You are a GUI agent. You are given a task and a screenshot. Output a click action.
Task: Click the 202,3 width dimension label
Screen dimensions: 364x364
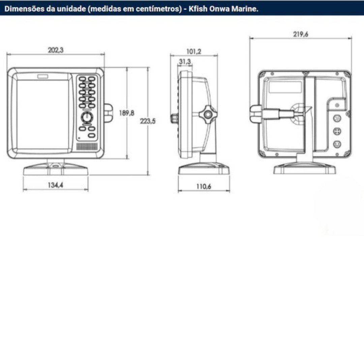coord(56,50)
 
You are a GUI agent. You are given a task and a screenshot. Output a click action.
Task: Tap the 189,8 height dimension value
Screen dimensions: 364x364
coord(126,113)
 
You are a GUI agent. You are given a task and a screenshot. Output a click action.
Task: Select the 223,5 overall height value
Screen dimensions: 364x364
coord(148,121)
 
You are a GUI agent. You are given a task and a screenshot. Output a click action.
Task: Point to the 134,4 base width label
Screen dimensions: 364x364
coord(56,185)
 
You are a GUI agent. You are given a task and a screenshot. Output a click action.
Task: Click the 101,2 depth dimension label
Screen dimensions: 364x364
coord(194,51)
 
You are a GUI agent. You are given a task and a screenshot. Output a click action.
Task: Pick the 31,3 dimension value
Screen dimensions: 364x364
coord(185,62)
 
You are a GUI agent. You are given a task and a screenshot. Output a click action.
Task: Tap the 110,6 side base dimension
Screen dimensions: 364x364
coord(204,186)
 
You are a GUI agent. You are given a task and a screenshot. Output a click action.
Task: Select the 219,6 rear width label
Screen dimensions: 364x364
coord(301,34)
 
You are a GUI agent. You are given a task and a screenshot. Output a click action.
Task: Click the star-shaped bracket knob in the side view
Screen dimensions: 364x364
coord(208,114)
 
